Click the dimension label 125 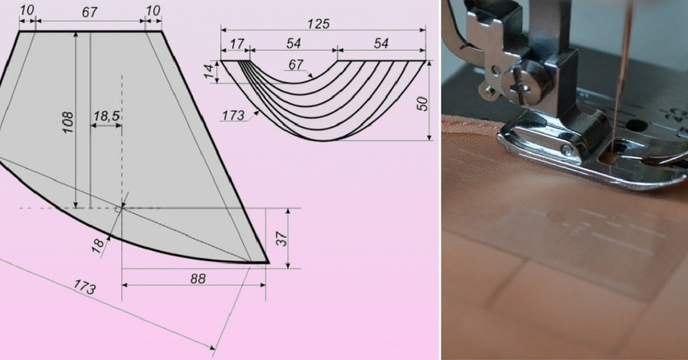click(x=319, y=24)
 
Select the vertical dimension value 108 click(x=68, y=123)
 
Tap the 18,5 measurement click(x=106, y=116)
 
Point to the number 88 click(x=198, y=279)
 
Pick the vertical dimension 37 click(x=282, y=238)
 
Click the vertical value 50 click(x=423, y=104)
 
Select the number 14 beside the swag click(x=210, y=72)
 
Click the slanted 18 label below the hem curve click(x=98, y=246)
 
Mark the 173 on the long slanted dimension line click(x=84, y=287)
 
